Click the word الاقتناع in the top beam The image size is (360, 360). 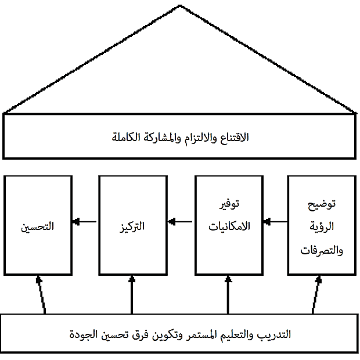(x=235, y=138)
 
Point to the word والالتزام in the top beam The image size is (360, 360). (x=200, y=138)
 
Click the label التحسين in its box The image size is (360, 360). (x=37, y=226)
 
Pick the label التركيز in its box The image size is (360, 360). (x=132, y=226)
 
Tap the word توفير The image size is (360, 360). (x=229, y=204)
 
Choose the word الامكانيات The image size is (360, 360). (x=229, y=226)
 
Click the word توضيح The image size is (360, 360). (x=322, y=204)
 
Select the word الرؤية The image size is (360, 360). (x=322, y=227)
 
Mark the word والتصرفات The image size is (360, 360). (x=322, y=250)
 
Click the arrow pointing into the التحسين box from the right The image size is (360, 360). (x=84, y=222)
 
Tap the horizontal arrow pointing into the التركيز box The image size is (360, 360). (x=180, y=222)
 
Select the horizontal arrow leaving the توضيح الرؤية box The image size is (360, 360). (x=275, y=222)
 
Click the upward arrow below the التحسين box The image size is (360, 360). (x=42, y=294)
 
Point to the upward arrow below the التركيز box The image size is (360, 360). (x=132, y=294)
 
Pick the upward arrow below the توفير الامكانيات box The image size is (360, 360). (x=228, y=294)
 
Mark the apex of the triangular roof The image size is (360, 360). (x=180, y=5)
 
